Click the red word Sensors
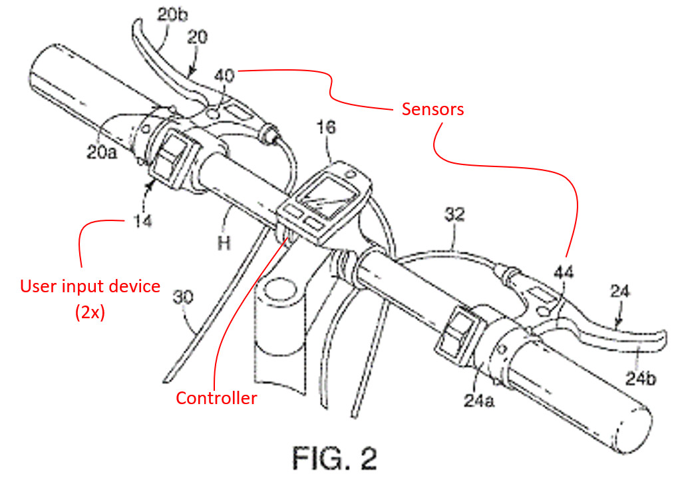pyautogui.click(x=432, y=109)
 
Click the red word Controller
pyautogui.click(x=216, y=398)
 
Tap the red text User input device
pyautogui.click(x=90, y=286)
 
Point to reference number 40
pyautogui.click(x=224, y=78)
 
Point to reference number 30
pyautogui.click(x=184, y=296)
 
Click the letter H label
pyautogui.click(x=224, y=244)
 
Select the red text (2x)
pyautogui.click(x=89, y=312)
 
